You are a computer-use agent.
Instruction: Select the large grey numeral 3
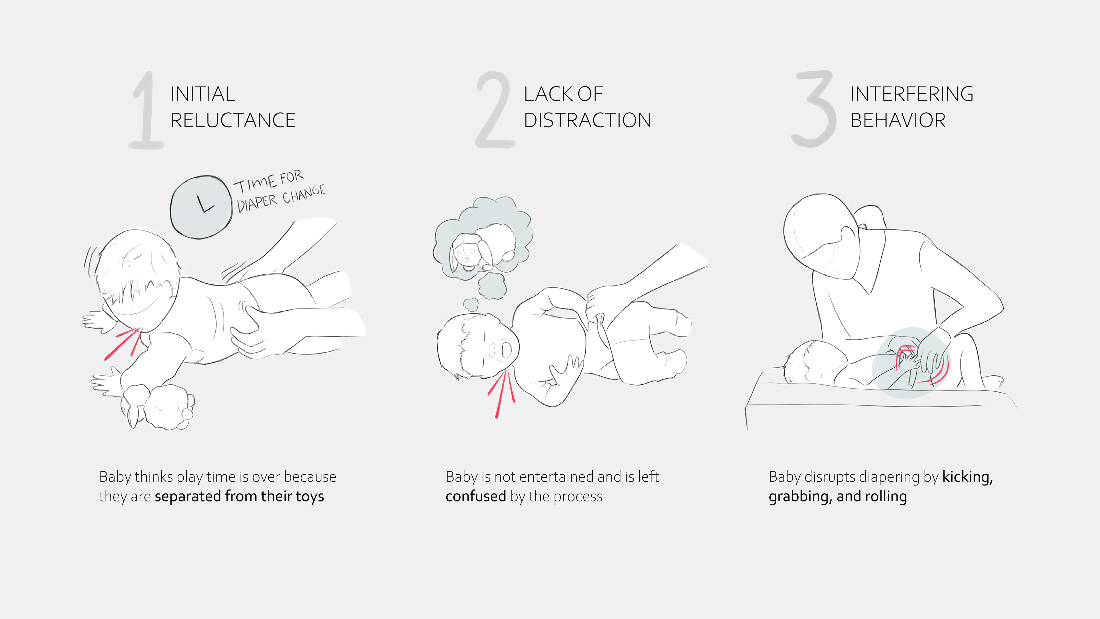814,109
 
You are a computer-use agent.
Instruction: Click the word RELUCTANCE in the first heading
233,120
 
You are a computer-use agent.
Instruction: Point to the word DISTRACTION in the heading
588,120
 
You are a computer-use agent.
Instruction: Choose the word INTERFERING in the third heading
912,94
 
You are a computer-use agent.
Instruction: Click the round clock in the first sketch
201,207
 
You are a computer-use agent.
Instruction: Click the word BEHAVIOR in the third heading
898,120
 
